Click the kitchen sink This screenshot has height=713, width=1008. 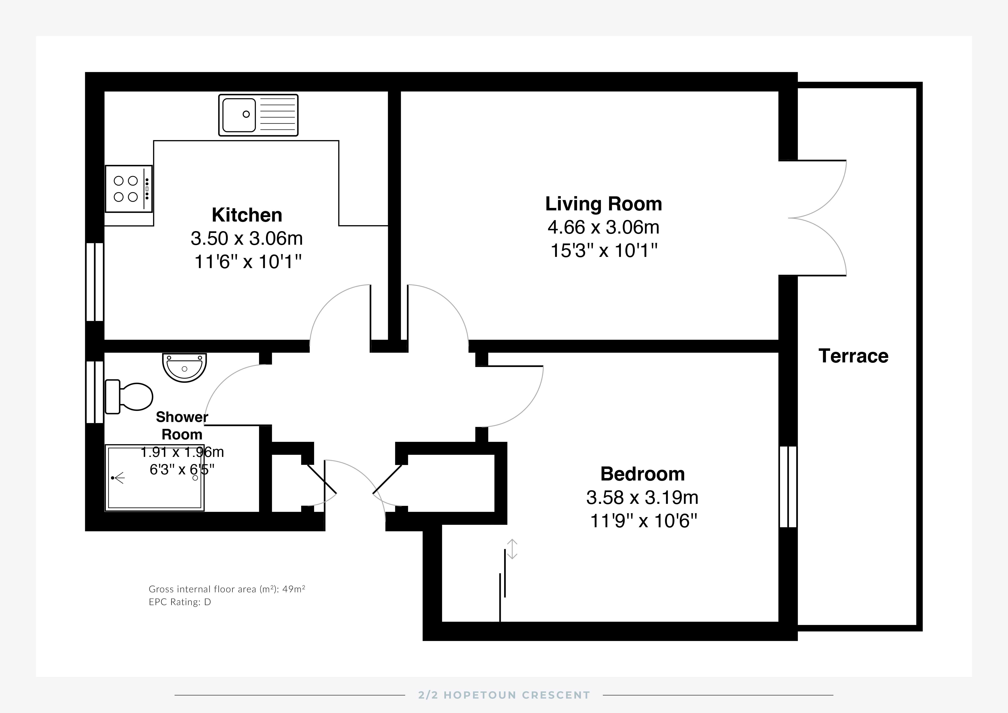pyautogui.click(x=258, y=115)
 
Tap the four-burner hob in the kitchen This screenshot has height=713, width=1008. pyautogui.click(x=129, y=189)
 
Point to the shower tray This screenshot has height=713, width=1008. pyautogui.click(x=155, y=478)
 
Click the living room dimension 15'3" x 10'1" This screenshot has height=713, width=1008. pyautogui.click(x=604, y=251)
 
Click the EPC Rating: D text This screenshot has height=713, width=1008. pyautogui.click(x=180, y=602)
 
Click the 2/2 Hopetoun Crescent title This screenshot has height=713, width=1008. pyautogui.click(x=504, y=695)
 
